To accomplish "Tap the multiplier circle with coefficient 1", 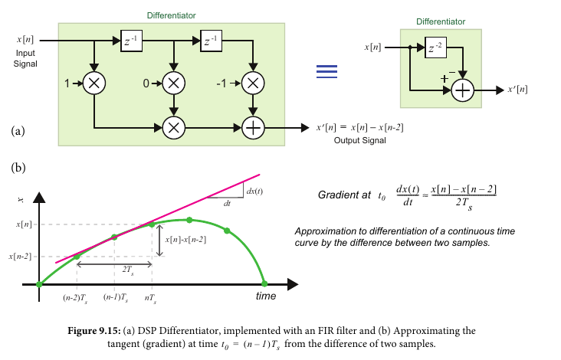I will coord(93,83).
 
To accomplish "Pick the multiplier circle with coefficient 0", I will coord(174,83).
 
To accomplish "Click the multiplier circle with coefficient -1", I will coord(252,83).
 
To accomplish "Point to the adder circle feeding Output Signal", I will coord(252,128).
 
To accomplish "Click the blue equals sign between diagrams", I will coord(327,70).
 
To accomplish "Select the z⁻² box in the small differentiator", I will coord(434,49).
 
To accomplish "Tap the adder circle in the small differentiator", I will coord(463,90).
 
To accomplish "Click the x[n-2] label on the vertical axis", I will coord(20,257).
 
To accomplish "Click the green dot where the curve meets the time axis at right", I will coord(265,284).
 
